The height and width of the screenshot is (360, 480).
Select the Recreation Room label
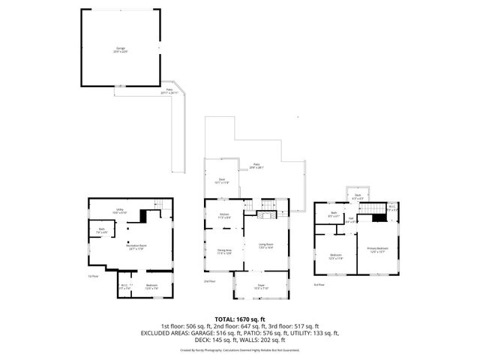[136, 247]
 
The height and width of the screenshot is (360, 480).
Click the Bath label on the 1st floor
[103, 231]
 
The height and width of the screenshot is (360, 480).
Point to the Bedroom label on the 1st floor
[151, 286]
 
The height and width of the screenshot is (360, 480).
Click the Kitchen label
[224, 216]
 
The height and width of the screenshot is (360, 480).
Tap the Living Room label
[266, 245]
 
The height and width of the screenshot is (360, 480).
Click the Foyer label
[262, 286]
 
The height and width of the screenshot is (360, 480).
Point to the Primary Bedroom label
[377, 250]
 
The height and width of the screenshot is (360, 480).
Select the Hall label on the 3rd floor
[350, 221]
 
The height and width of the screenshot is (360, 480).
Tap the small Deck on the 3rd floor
[358, 196]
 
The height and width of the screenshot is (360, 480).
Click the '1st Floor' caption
[93, 277]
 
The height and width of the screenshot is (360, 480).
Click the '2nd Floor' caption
[208, 282]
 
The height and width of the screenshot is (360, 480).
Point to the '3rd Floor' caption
[319, 285]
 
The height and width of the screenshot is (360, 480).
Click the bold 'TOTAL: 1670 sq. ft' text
[240, 319]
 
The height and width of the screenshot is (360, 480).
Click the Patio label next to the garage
[170, 90]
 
